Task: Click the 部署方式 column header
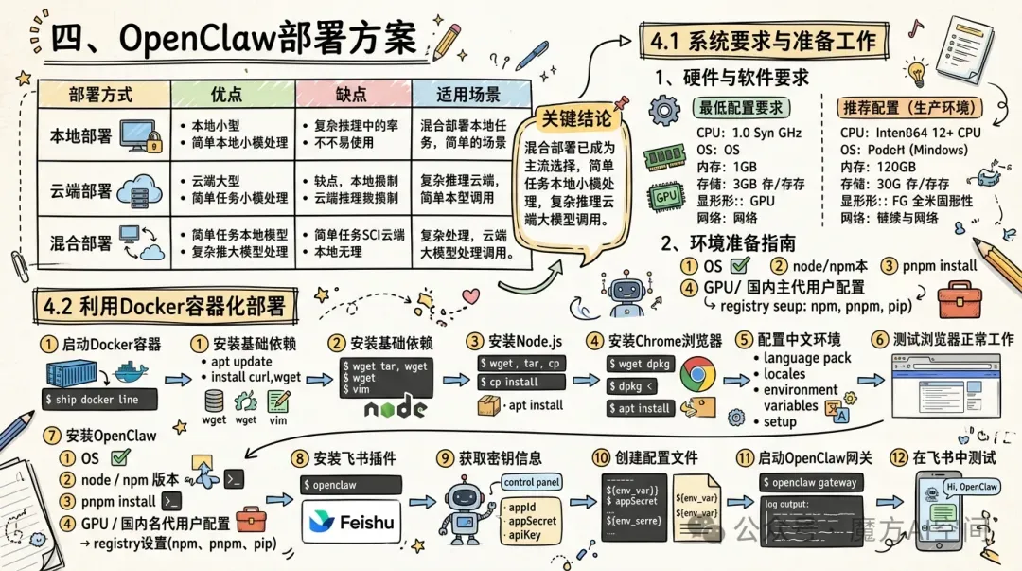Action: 101,95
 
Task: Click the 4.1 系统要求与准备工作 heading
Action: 766,41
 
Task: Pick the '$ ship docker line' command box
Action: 97,400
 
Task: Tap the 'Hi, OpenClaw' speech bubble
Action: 972,487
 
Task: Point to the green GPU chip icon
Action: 664,197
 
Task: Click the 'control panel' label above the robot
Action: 531,483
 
